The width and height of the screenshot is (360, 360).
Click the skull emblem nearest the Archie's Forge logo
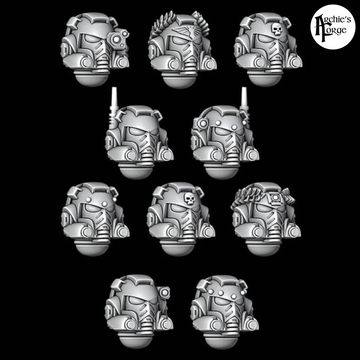pyautogui.click(x=276, y=30)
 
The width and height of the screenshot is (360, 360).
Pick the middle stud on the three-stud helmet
pyautogui.click(x=221, y=293)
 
